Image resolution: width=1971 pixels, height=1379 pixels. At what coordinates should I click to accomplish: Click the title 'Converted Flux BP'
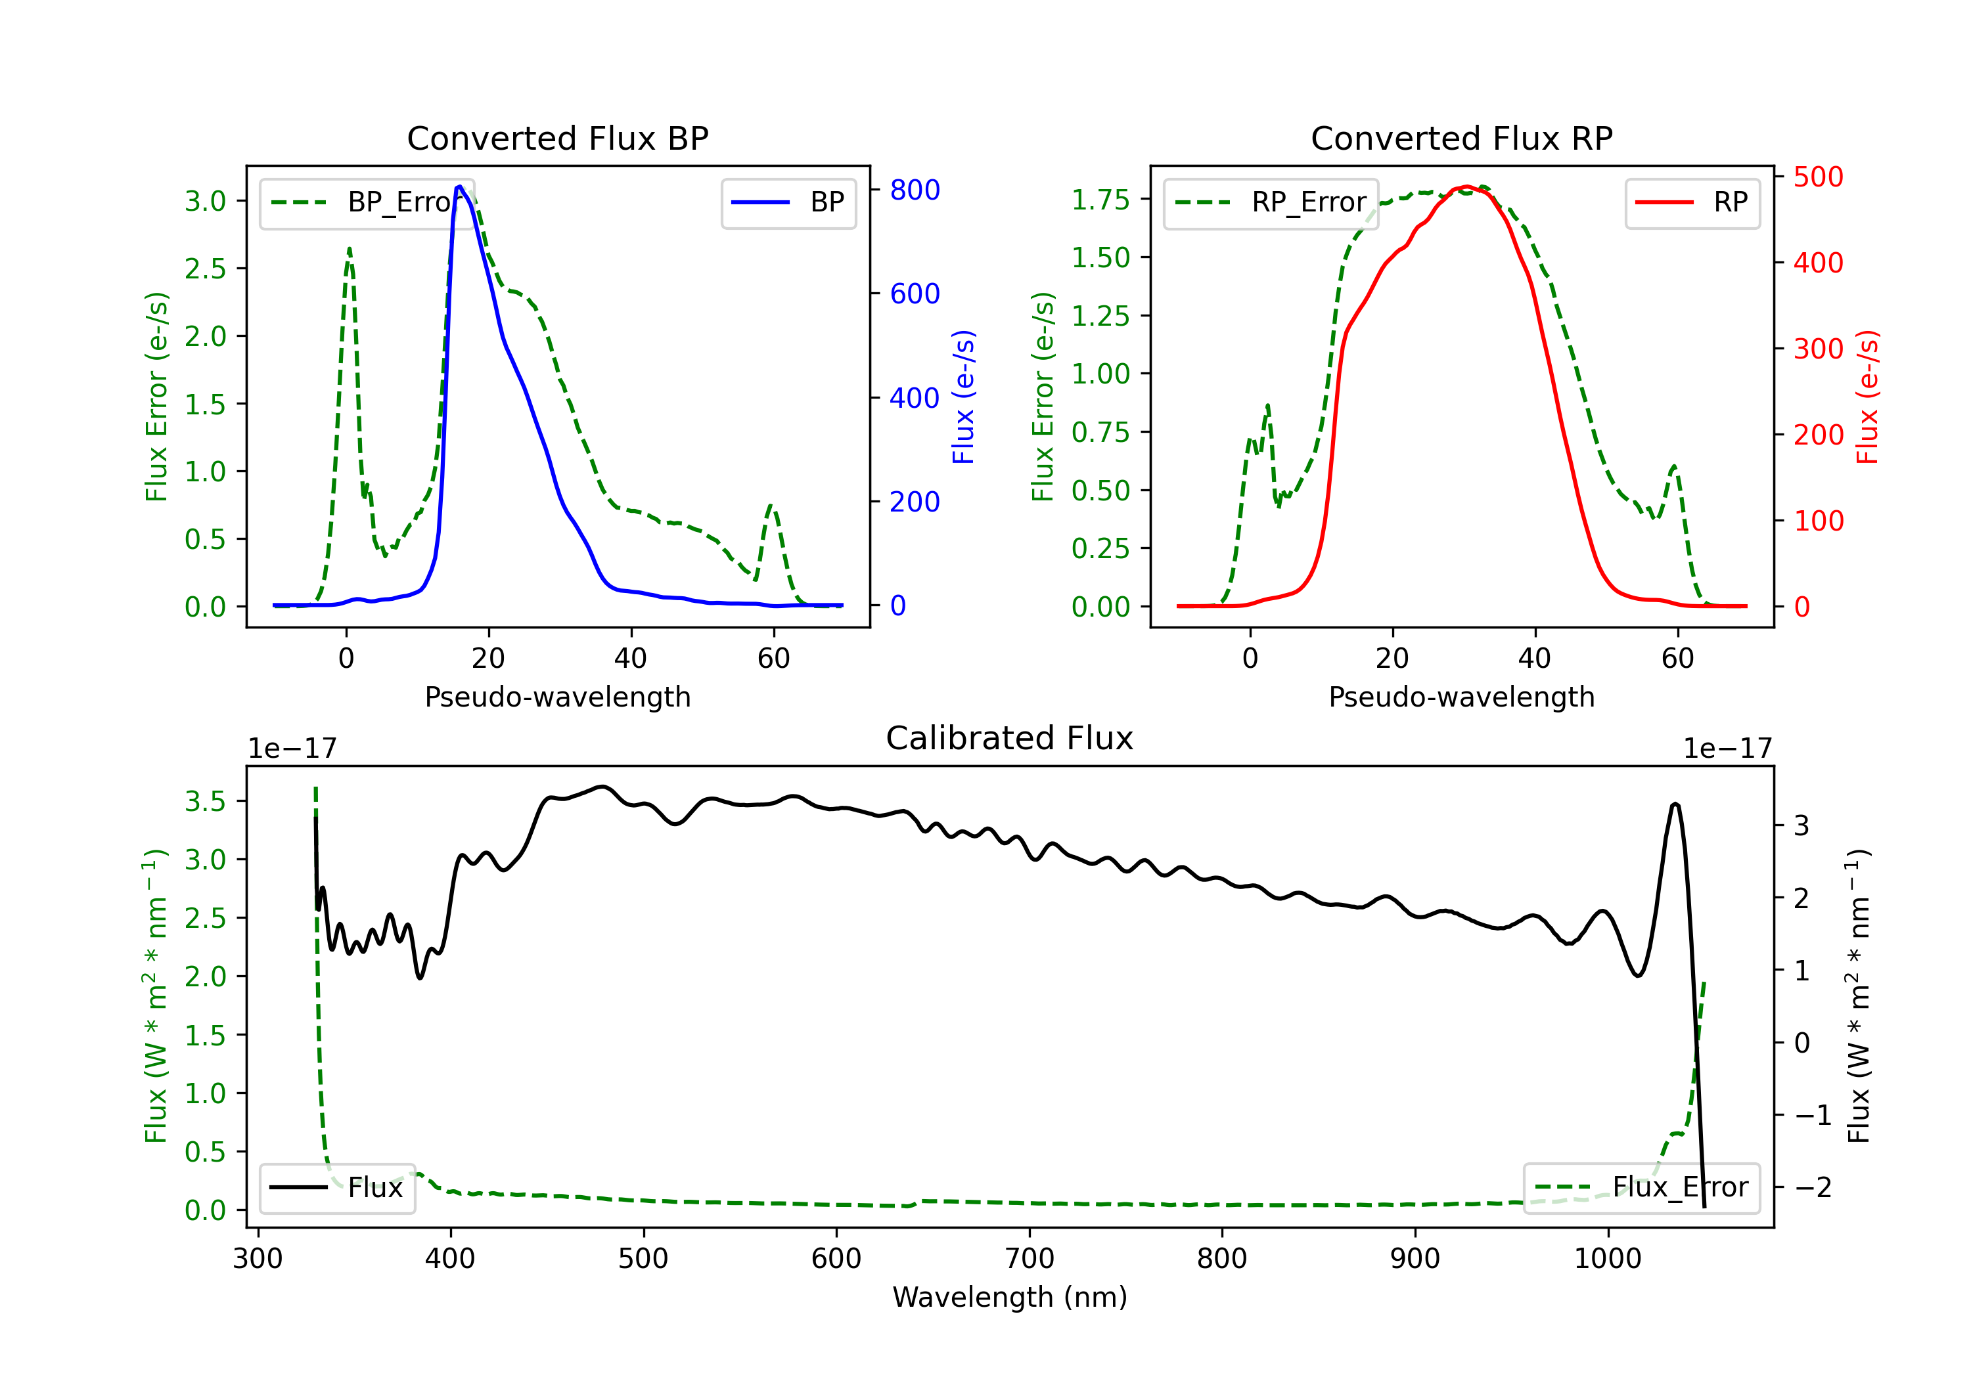click(x=557, y=138)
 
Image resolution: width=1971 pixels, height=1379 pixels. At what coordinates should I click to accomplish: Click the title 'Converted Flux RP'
click(x=1461, y=138)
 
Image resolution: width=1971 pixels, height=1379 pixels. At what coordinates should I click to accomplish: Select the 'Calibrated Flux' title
click(x=1010, y=738)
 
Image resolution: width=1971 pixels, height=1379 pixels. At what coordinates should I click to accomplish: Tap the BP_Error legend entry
click(x=367, y=202)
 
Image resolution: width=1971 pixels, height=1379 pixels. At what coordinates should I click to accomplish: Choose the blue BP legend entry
click(x=788, y=202)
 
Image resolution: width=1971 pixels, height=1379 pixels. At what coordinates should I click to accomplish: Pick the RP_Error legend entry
click(x=1271, y=202)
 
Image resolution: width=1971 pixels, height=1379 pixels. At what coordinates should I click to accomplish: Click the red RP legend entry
click(x=1692, y=202)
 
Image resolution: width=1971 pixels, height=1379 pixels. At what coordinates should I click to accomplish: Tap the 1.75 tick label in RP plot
click(x=1100, y=199)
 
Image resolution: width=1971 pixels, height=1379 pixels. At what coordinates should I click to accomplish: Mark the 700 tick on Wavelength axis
click(x=1030, y=1258)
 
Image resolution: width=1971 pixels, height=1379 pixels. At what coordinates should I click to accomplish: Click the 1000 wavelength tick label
click(x=1608, y=1258)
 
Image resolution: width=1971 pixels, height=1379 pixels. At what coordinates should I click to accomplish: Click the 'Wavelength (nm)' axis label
click(x=1010, y=1297)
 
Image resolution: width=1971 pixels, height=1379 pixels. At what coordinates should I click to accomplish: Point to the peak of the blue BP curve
click(x=460, y=186)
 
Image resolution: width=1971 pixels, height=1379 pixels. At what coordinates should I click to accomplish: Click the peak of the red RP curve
click(x=1466, y=186)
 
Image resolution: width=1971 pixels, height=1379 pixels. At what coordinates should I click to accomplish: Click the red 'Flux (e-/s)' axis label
click(x=1868, y=397)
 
